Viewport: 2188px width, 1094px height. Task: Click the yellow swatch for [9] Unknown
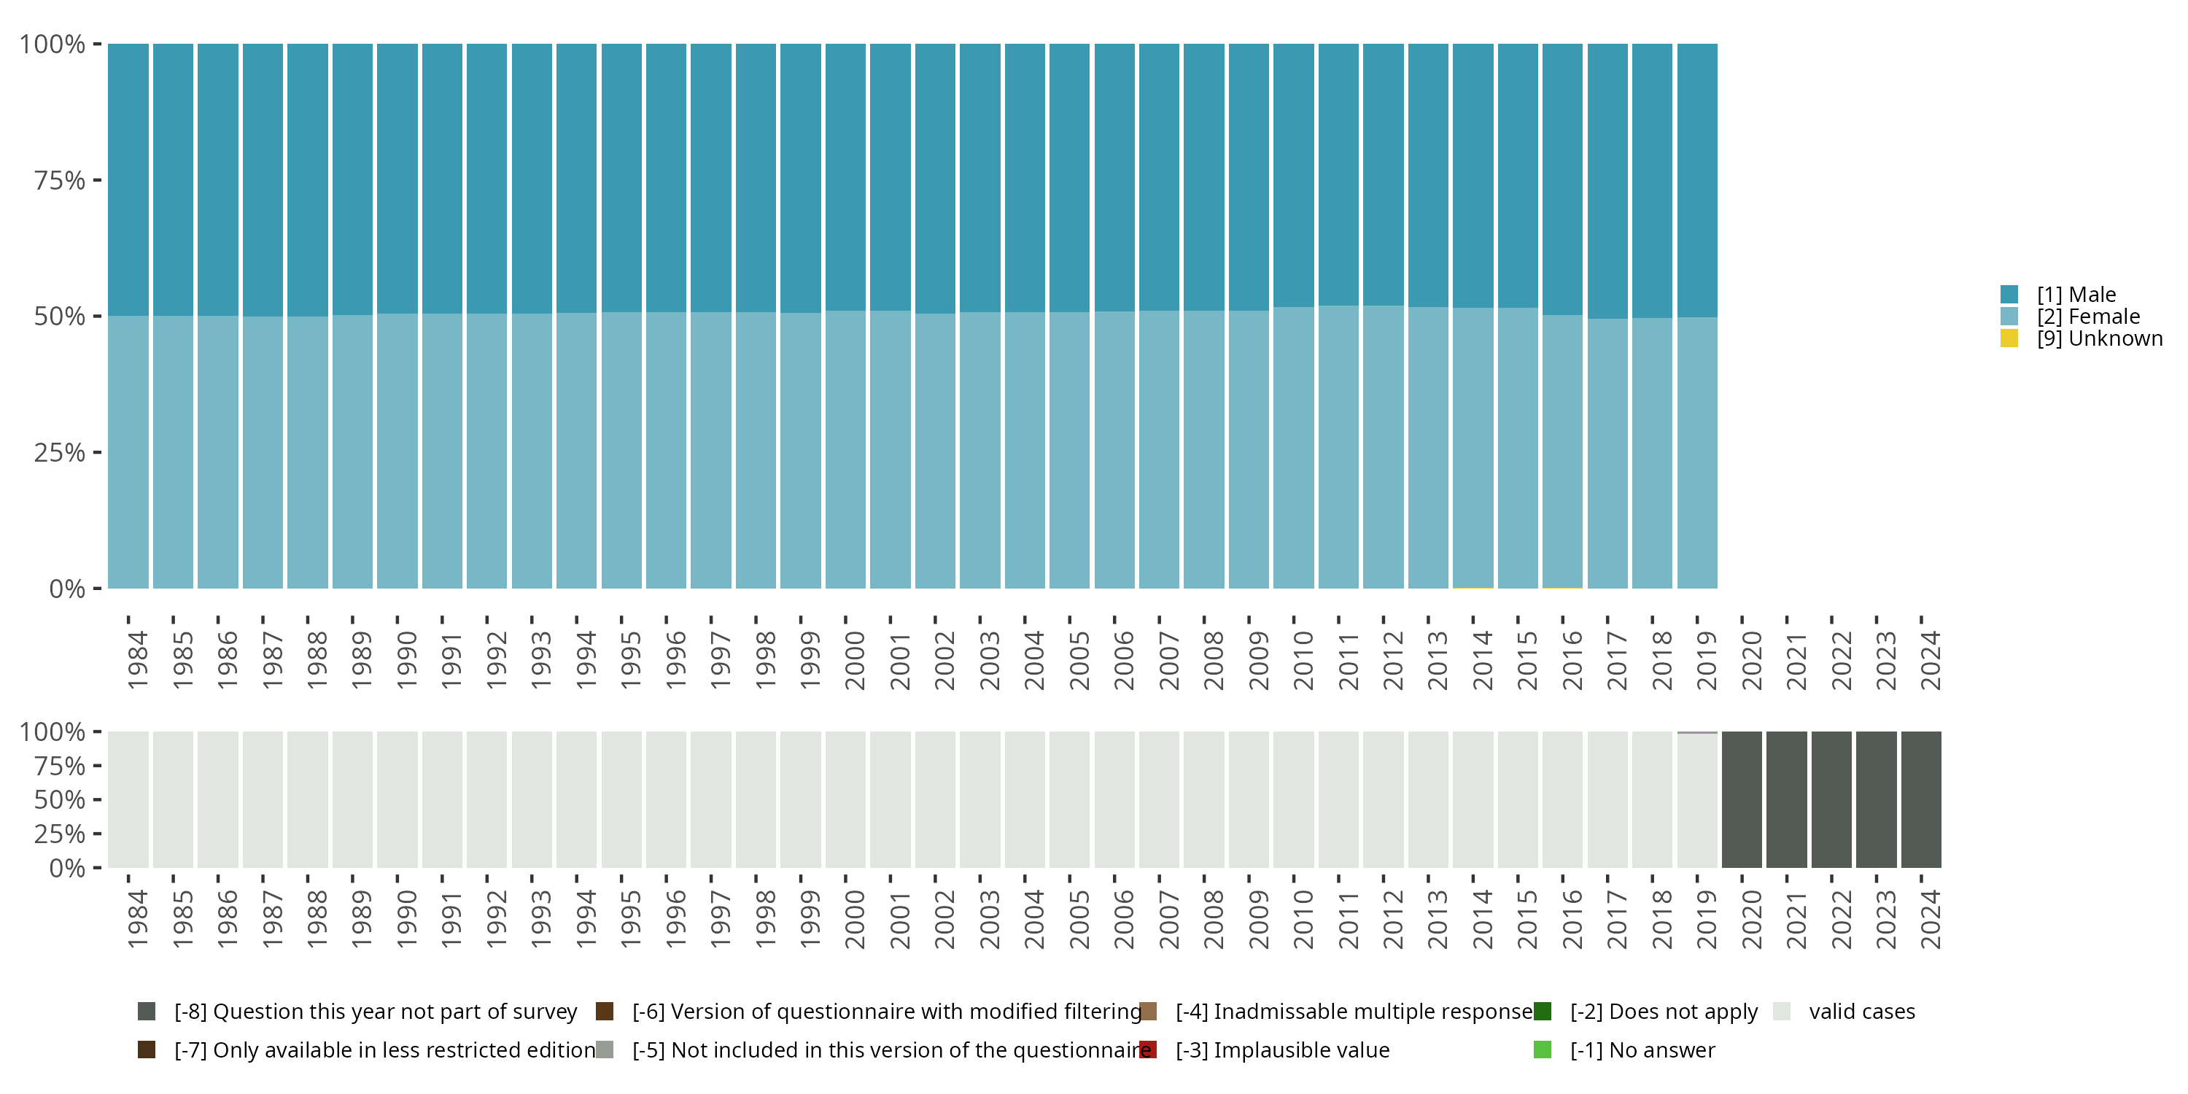click(2009, 339)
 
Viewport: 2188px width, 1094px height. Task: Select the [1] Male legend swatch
click(2009, 295)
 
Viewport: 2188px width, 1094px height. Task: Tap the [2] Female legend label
click(2088, 317)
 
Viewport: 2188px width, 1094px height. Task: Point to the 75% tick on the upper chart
click(97, 180)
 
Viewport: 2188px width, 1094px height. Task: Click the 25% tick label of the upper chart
click(60, 453)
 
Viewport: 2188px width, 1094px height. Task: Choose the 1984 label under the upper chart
click(138, 661)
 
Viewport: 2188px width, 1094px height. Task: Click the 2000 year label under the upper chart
click(855, 661)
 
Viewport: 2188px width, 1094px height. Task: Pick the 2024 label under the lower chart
click(1930, 920)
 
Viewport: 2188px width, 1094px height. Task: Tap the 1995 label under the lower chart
click(630, 920)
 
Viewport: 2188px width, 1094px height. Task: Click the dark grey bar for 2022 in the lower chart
click(1831, 799)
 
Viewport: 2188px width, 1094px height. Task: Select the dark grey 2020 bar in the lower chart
click(1741, 799)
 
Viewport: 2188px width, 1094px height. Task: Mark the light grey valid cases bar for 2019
click(1697, 801)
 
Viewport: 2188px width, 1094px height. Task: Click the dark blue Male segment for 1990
click(397, 179)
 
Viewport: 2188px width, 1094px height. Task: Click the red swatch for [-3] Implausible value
click(1147, 1050)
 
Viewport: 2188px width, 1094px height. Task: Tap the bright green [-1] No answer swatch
click(1543, 1050)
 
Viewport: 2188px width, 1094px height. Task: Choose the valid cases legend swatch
click(1782, 1012)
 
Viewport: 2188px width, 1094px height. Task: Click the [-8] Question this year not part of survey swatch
click(146, 1012)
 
